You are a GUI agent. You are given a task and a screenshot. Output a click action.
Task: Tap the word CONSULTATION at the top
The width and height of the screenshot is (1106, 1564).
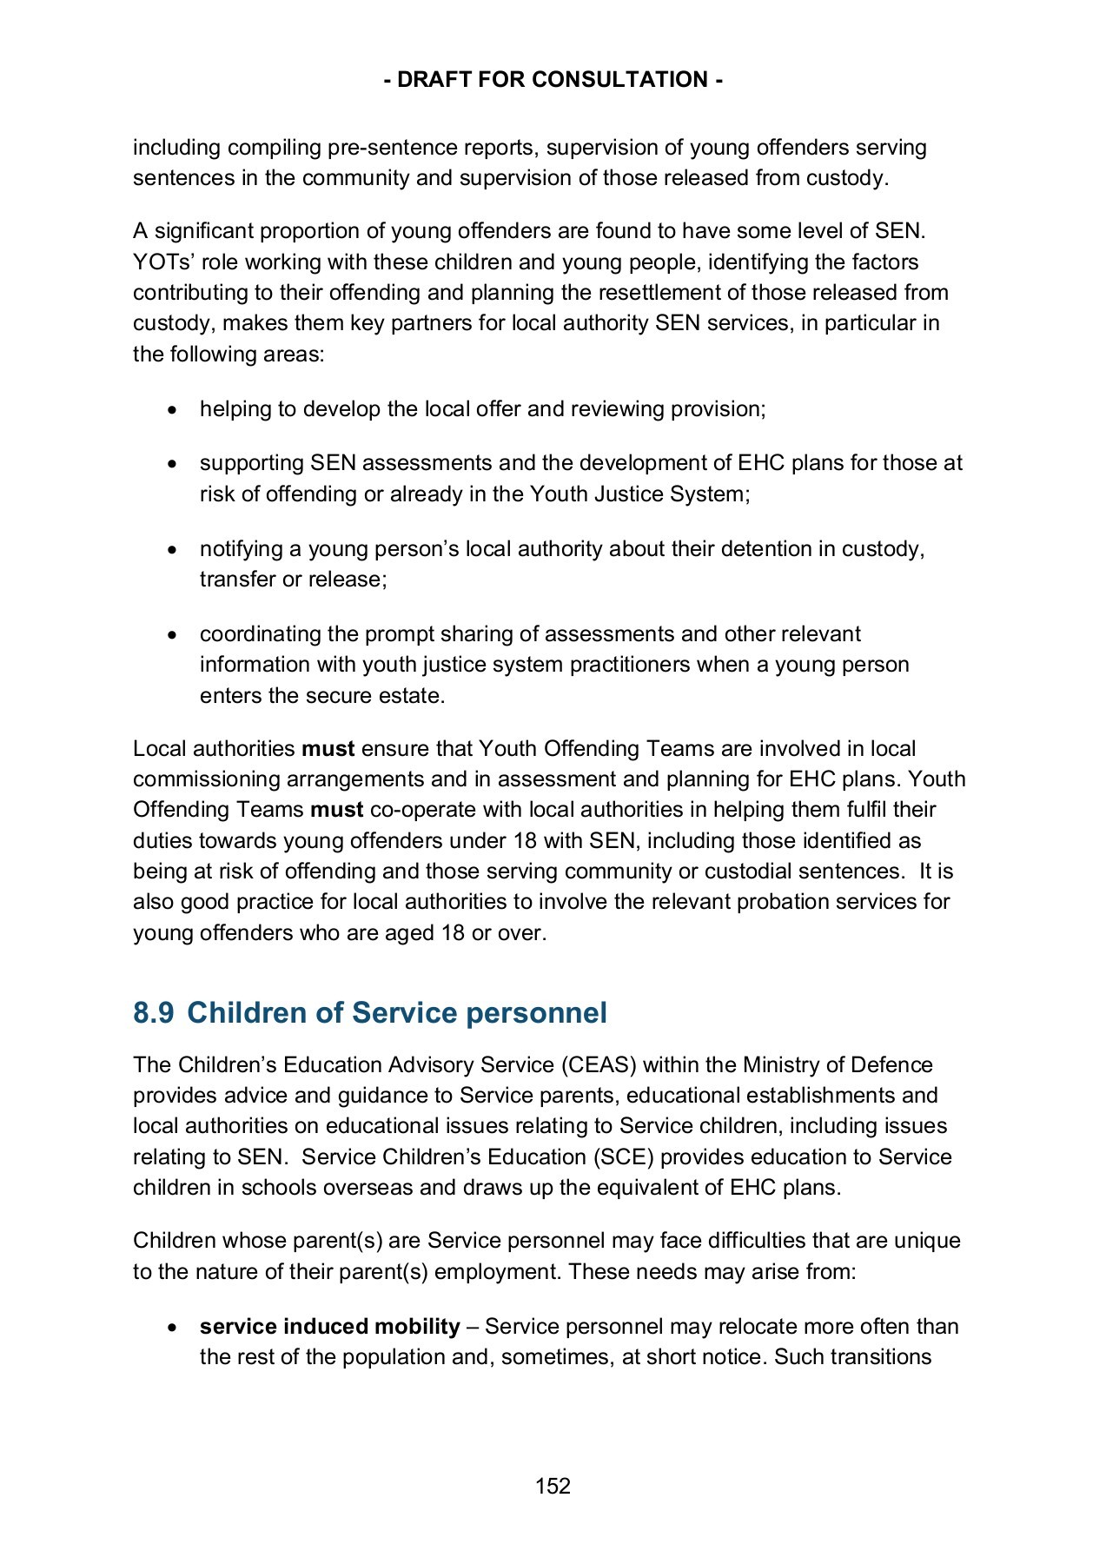[x=619, y=80]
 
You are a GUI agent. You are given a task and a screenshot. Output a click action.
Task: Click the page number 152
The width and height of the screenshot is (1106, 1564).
[x=553, y=1486]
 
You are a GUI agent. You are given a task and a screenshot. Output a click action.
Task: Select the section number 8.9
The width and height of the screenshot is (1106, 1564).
[x=153, y=1013]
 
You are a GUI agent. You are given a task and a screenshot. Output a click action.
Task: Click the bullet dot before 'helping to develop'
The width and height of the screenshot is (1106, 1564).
[x=175, y=410]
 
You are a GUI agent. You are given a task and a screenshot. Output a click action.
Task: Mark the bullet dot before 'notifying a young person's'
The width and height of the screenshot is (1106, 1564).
[x=175, y=550]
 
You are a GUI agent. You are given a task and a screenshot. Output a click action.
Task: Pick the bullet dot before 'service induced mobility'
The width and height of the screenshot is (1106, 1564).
[x=175, y=1328]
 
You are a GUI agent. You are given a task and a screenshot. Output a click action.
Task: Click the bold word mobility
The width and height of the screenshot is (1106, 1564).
[x=416, y=1327]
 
